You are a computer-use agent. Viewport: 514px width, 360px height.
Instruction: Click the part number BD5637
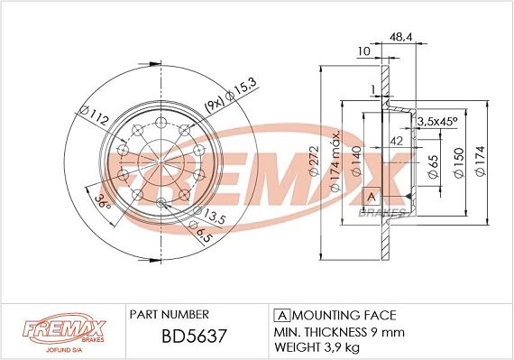194,336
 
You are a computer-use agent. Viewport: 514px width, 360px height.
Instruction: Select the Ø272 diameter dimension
314,161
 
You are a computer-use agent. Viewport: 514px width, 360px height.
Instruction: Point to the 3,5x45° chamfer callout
437,121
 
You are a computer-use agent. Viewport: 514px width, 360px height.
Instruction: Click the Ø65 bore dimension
433,166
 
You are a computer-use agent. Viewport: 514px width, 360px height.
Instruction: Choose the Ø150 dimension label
459,162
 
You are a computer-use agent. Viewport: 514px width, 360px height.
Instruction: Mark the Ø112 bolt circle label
94,115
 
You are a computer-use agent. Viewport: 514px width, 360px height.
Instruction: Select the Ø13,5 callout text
209,215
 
